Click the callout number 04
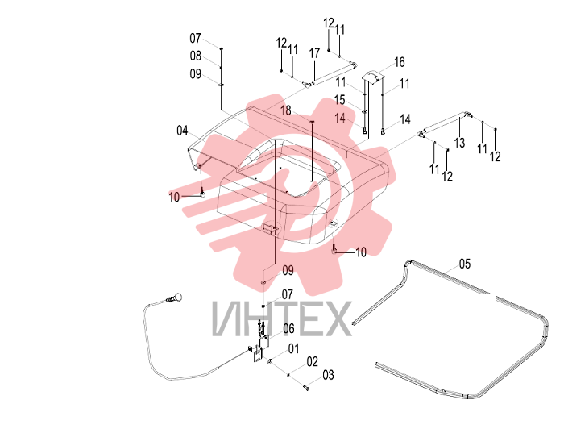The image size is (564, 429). tap(182, 131)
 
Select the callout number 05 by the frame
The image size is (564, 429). tap(465, 264)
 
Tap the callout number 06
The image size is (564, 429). tap(288, 328)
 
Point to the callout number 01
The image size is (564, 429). tap(293, 348)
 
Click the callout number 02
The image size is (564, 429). tap(313, 362)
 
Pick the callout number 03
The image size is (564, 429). tap(328, 375)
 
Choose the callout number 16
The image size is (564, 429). tap(400, 62)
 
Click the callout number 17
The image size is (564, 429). tap(314, 53)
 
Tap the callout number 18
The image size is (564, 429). tap(286, 110)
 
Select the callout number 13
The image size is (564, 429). tap(460, 143)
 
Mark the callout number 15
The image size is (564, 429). tap(339, 100)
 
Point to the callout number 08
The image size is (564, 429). tap(195, 56)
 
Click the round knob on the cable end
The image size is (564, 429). tap(177, 298)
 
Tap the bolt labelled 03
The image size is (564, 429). tap(306, 388)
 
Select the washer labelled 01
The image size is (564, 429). tap(269, 360)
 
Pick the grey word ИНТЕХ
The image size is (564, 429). tap(282, 319)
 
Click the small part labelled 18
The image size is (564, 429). tap(312, 122)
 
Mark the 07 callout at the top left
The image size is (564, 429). tap(195, 38)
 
